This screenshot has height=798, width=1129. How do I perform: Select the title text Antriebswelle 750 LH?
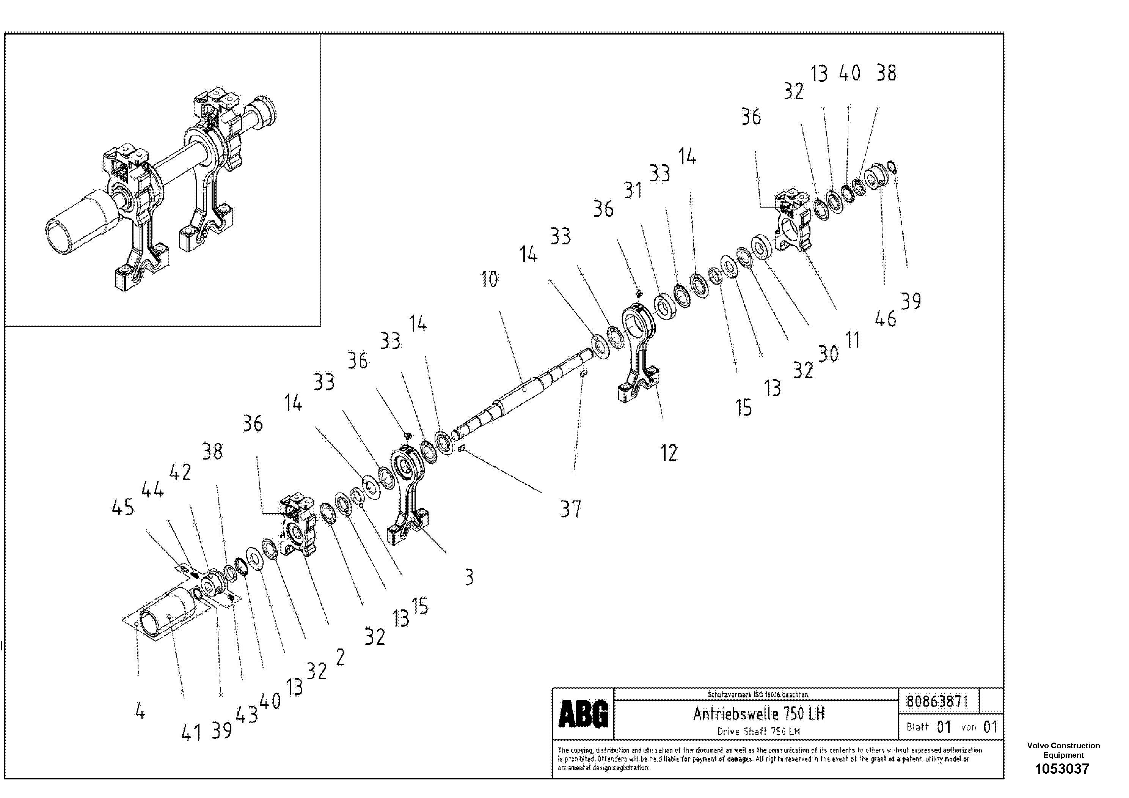(x=758, y=713)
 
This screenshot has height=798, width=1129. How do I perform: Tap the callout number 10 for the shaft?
(x=489, y=279)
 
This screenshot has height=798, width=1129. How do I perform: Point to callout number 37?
(x=570, y=509)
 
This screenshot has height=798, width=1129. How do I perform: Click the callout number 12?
(x=668, y=453)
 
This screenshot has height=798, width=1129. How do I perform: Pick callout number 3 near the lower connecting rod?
(x=469, y=577)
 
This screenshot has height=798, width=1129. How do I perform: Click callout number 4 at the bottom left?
(x=140, y=711)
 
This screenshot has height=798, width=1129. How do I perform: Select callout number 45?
(x=122, y=507)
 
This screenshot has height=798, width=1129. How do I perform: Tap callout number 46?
(x=885, y=319)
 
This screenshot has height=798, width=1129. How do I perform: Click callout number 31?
(x=633, y=190)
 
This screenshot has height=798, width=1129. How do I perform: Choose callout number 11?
(x=853, y=340)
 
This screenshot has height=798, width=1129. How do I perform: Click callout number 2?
(x=340, y=657)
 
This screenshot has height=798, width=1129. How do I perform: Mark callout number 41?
(x=191, y=733)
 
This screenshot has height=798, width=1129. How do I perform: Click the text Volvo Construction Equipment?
(x=1063, y=750)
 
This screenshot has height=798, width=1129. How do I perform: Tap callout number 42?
(x=180, y=472)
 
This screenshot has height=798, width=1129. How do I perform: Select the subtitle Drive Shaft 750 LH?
(x=758, y=731)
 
